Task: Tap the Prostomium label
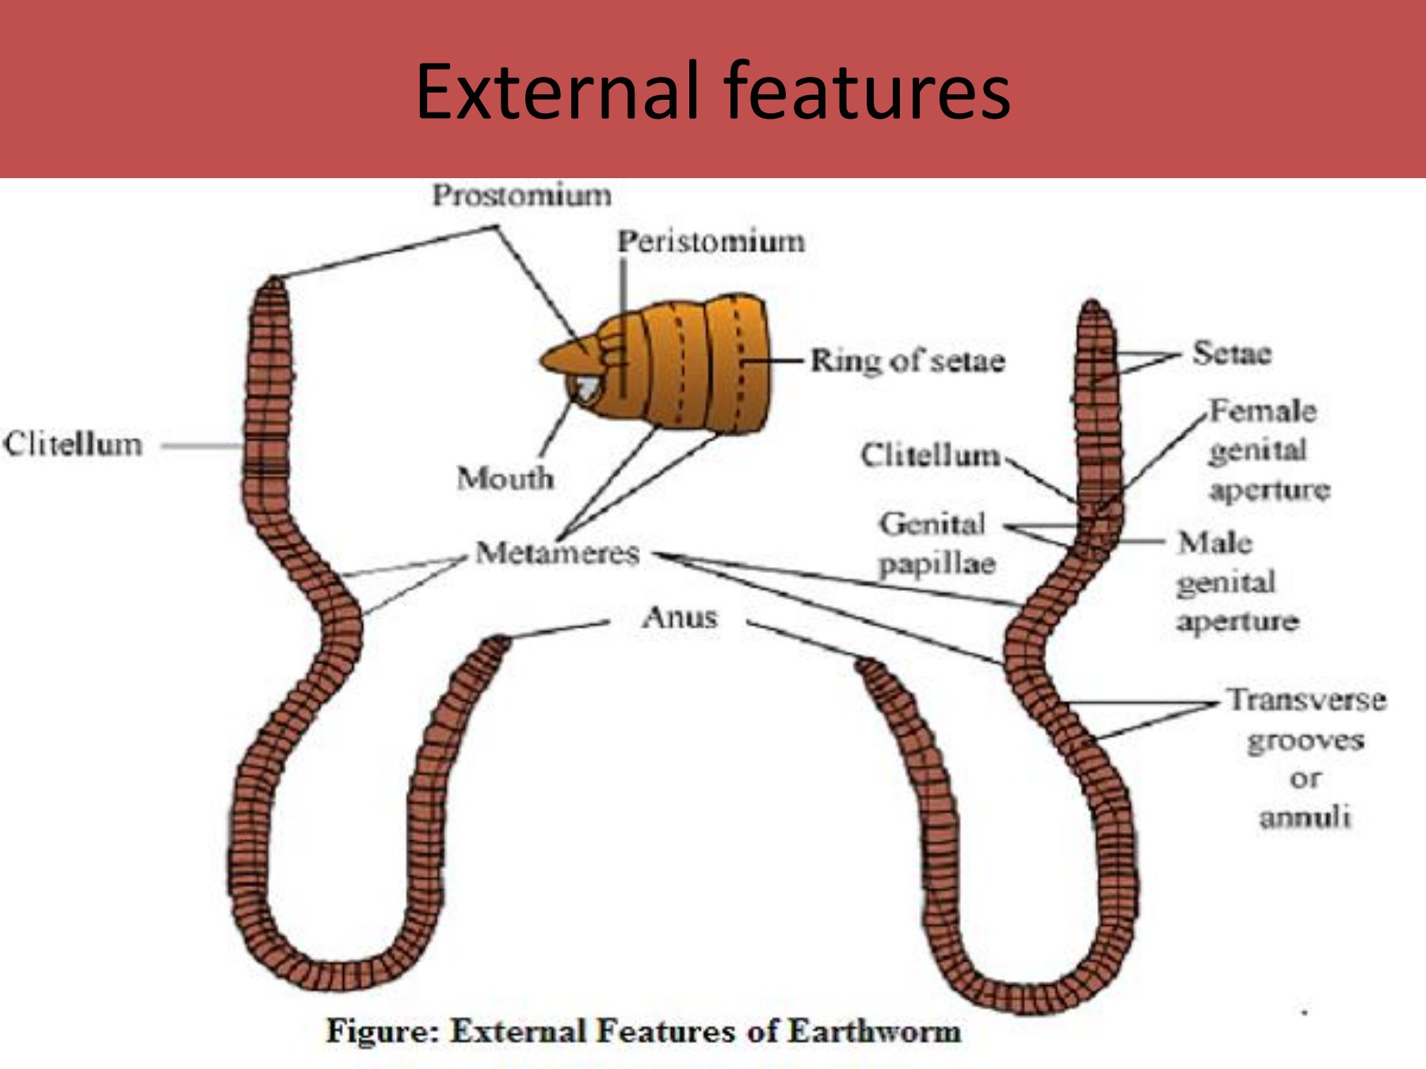[521, 195]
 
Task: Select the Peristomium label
[711, 242]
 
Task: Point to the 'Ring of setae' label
[907, 361]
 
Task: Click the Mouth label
[505, 477]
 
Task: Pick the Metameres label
[557, 553]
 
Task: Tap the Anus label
[680, 617]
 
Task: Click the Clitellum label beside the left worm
[73, 444]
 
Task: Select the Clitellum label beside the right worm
[930, 455]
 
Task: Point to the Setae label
[1231, 353]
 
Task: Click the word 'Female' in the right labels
[1262, 411]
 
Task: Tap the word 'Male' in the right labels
[1214, 542]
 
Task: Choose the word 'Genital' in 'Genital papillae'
[932, 523]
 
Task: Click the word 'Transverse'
[1306, 700]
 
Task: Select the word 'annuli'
[1305, 816]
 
